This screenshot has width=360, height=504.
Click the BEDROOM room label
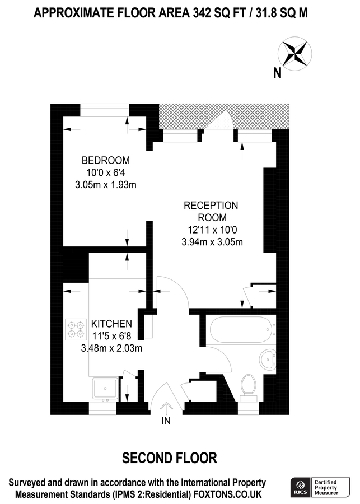pyautogui.click(x=106, y=160)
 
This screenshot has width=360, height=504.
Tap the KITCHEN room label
pyautogui.click(x=111, y=324)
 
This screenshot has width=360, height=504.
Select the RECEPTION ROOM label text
pyautogui.click(x=211, y=212)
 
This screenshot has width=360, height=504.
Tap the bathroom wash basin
pyautogui.click(x=268, y=359)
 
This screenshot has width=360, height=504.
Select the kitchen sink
pyautogui.click(x=104, y=388)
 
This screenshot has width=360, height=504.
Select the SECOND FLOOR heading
pyautogui.click(x=170, y=458)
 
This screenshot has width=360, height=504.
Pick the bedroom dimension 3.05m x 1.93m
pyautogui.click(x=106, y=184)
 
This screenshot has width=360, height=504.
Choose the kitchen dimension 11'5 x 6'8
pyautogui.click(x=111, y=336)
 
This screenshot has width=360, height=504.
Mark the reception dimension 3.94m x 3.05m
pyautogui.click(x=211, y=242)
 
